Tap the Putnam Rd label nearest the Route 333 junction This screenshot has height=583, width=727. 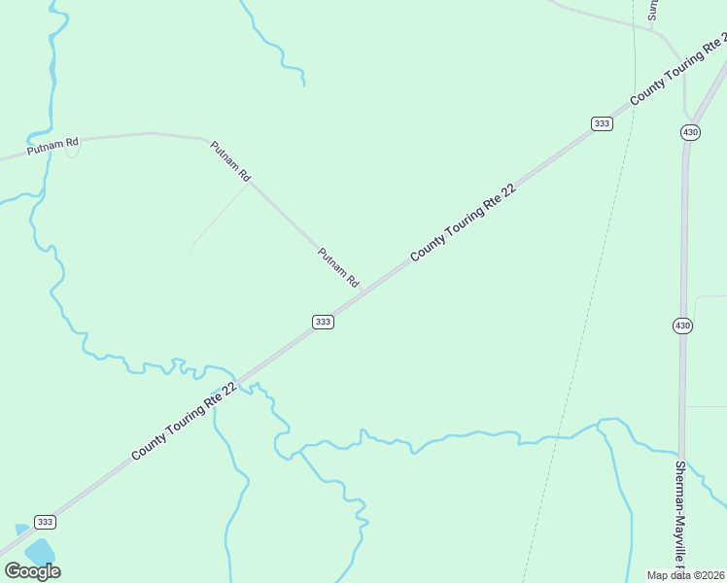[338, 266]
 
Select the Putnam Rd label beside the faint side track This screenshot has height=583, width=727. [231, 161]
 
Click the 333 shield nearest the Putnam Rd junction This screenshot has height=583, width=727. [324, 322]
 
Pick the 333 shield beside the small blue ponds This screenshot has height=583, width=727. [45, 522]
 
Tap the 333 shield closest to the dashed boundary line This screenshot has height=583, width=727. [602, 123]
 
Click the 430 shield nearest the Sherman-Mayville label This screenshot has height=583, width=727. [682, 326]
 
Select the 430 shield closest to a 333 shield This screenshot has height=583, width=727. [690, 132]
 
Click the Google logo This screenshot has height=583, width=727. [32, 571]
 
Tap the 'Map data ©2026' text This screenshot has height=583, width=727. [685, 575]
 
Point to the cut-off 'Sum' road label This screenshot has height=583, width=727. [653, 10]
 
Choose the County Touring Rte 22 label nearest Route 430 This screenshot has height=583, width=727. [678, 70]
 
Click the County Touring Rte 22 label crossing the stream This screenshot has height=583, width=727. [185, 420]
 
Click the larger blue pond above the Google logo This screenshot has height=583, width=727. [40, 552]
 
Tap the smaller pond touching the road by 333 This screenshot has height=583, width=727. [21, 529]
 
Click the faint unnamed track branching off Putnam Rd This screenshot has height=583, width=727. [220, 216]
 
